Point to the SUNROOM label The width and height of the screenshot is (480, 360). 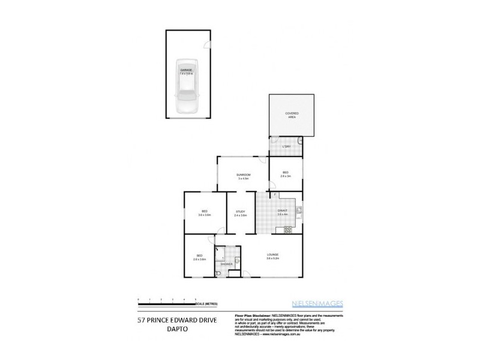[243, 176]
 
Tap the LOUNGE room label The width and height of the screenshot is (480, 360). [273, 256]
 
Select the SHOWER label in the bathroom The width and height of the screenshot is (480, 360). [226, 264]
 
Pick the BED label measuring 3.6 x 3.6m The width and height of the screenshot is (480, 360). [205, 212]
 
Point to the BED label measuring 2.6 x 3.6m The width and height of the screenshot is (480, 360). [200, 257]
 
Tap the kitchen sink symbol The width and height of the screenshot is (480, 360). [298, 211]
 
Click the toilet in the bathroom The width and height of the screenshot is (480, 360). [220, 273]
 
